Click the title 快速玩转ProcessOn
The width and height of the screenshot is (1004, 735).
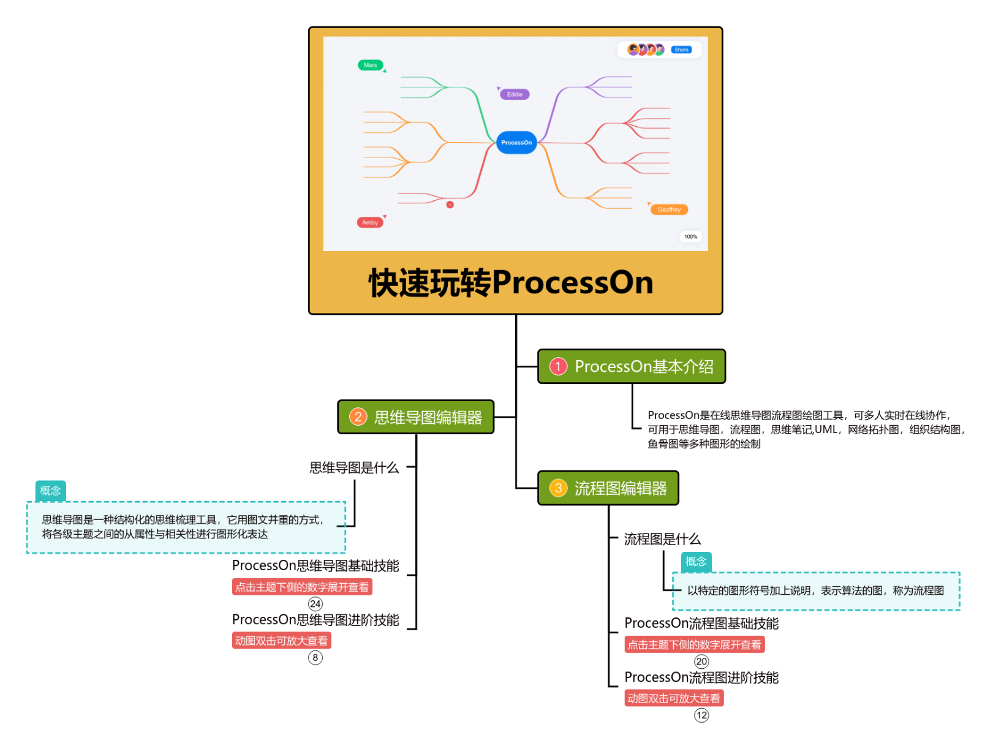511,283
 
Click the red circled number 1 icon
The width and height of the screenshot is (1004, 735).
558,366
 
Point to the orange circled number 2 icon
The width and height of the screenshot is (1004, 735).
358,417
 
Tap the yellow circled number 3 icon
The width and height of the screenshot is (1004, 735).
558,488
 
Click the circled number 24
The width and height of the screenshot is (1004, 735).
315,604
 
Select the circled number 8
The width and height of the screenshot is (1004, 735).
315,657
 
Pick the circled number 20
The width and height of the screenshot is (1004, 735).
701,661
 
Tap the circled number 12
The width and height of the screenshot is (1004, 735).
701,715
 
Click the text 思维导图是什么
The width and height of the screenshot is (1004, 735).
354,468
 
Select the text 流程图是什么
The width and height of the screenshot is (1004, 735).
662,539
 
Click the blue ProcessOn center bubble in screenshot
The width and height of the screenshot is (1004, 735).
516,143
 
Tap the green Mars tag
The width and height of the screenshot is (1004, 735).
370,65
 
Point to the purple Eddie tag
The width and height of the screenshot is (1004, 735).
515,94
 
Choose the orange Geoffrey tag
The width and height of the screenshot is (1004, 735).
669,209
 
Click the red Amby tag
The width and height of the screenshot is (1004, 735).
370,222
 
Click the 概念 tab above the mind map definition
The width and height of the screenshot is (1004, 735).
50,491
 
